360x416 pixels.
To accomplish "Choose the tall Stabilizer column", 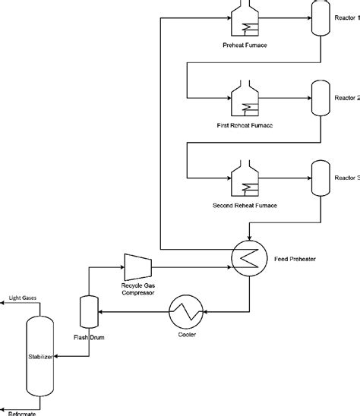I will [x=39, y=355].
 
